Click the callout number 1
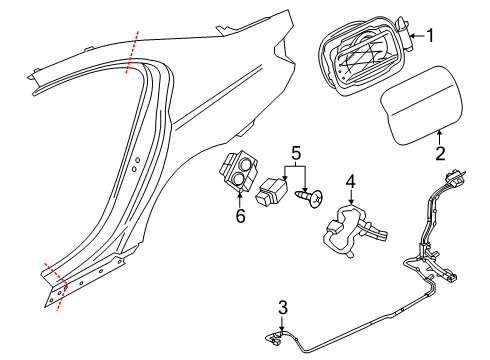click(x=431, y=38)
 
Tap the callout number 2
click(x=438, y=153)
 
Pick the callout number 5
click(x=295, y=155)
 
